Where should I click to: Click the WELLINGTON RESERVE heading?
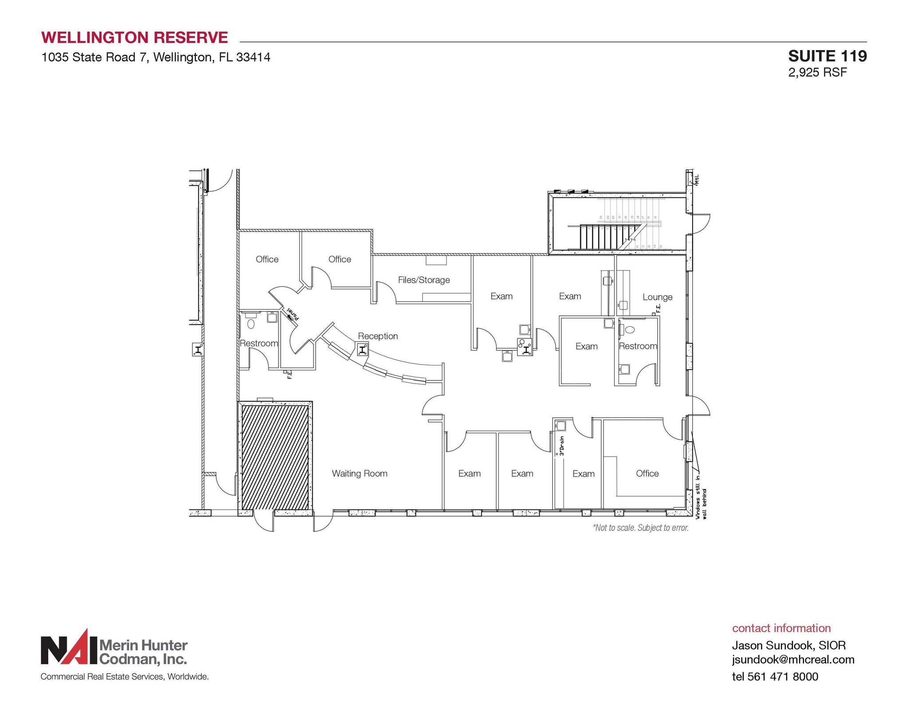tap(134, 37)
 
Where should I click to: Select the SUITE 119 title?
tap(827, 56)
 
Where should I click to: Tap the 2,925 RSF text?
tap(817, 72)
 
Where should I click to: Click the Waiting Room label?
tap(360, 473)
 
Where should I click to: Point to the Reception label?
tap(378, 336)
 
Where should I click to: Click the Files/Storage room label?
tap(423, 280)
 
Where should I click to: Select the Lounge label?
tap(657, 297)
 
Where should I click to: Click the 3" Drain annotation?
tap(561, 446)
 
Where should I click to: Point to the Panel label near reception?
tap(293, 314)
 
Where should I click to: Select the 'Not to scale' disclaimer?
tap(640, 528)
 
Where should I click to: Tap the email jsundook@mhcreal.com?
tap(793, 659)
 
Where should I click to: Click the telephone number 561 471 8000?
tap(783, 676)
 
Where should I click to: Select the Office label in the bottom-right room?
tap(647, 473)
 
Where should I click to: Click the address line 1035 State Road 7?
tap(156, 57)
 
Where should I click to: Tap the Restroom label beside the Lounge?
tap(638, 346)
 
